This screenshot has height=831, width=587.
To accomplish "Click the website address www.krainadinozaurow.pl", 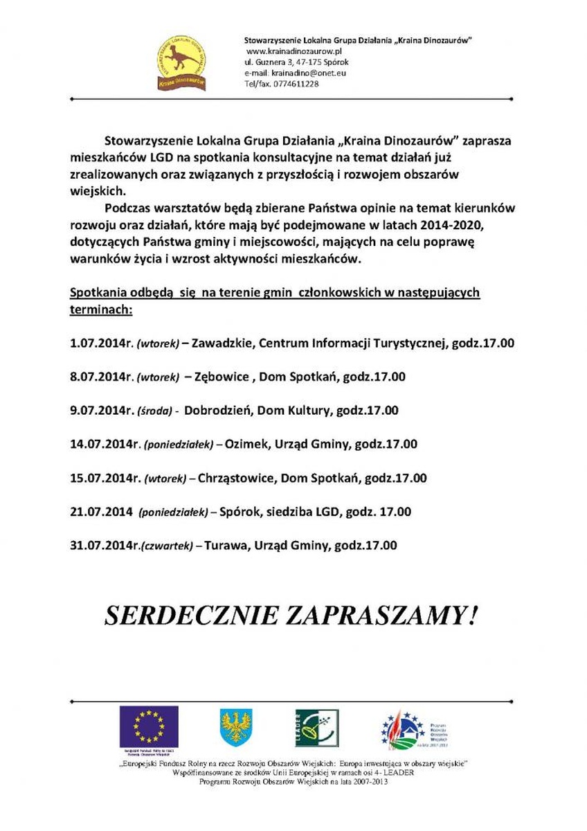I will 294,52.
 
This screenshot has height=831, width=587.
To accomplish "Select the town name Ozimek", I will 246,444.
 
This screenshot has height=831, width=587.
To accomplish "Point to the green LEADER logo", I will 317,729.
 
